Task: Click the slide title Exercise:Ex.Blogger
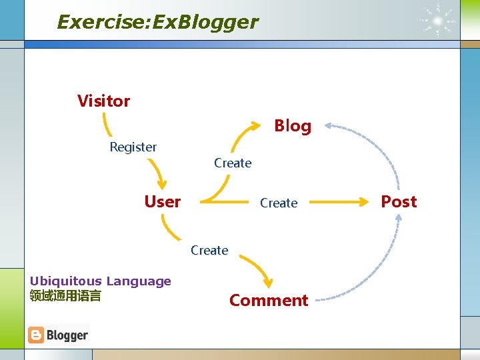(x=157, y=22)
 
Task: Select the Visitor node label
(x=103, y=101)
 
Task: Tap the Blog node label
(x=293, y=126)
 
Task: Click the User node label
(x=163, y=201)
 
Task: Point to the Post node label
(x=399, y=201)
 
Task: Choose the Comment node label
(x=269, y=301)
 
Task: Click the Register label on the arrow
(x=133, y=147)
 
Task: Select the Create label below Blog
(x=233, y=163)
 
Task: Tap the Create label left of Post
(x=279, y=203)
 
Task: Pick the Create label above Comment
(x=209, y=250)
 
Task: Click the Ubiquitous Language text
(x=101, y=281)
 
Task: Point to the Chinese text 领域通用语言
(x=65, y=295)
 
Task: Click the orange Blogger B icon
(x=36, y=335)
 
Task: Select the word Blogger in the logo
(x=67, y=335)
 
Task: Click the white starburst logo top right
(x=438, y=20)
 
